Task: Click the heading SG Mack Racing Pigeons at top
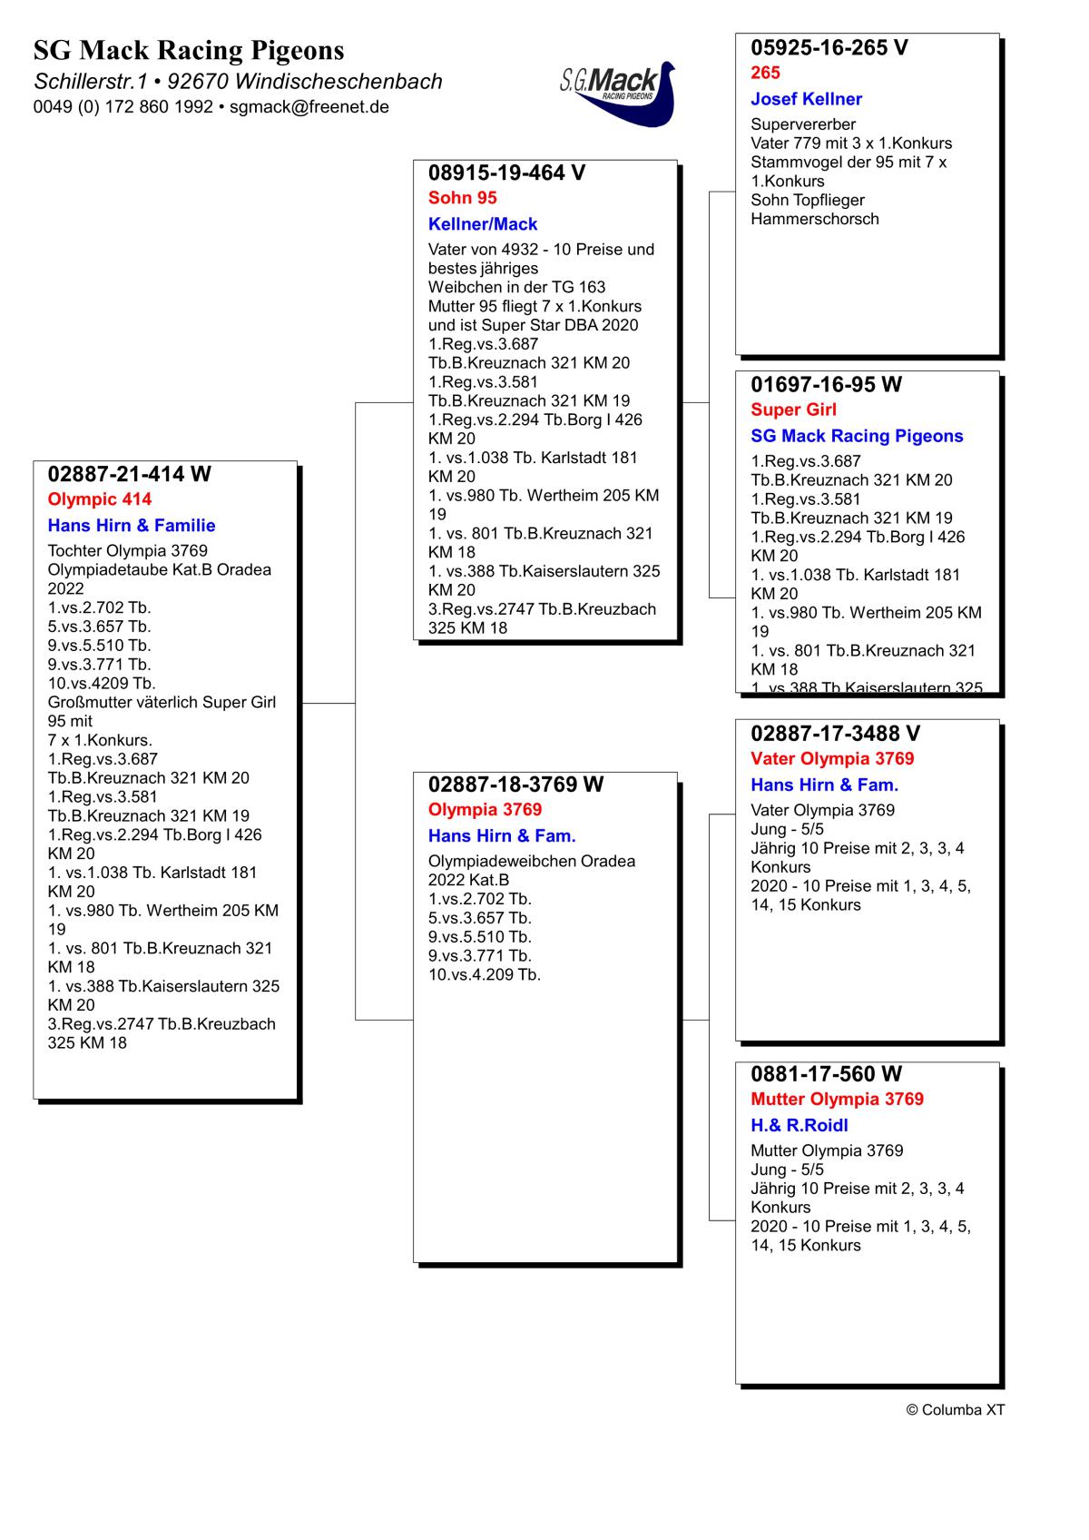[189, 50]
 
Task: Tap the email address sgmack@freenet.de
[309, 106]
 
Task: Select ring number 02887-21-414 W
[129, 474]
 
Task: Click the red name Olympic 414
[100, 499]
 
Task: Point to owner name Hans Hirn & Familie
[132, 526]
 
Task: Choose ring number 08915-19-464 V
[506, 173]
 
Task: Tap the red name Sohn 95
[463, 198]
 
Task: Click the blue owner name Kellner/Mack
[483, 224]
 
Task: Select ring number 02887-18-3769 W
[515, 785]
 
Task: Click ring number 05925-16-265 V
[829, 48]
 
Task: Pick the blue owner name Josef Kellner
[806, 99]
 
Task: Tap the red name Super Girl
[793, 410]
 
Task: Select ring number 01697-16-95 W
[826, 385]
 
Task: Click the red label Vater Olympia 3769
[832, 759]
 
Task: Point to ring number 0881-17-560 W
[826, 1074]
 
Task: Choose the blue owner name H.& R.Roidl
[799, 1126]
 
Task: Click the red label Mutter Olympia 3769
[837, 1100]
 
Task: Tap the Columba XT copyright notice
[955, 1410]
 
